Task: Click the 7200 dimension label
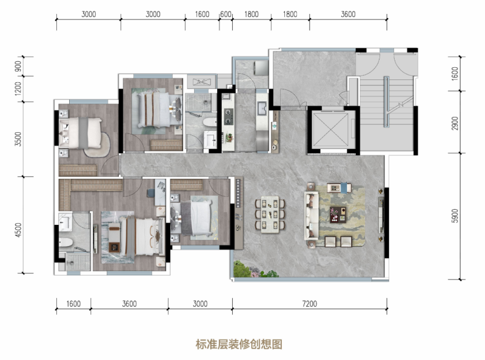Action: (309, 304)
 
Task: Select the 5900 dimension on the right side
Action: (454, 216)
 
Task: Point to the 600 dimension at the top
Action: (226, 14)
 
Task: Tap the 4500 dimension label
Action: (18, 230)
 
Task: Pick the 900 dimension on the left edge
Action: (18, 66)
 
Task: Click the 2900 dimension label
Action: (454, 123)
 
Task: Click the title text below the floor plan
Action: (239, 344)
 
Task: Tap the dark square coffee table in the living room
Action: (338, 215)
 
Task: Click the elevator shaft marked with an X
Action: (330, 130)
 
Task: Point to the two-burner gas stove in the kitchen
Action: (229, 116)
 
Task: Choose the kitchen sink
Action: (262, 108)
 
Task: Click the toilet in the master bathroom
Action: (65, 242)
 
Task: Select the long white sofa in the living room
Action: (312, 216)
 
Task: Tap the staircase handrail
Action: (387, 102)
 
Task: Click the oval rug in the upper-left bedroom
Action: (97, 144)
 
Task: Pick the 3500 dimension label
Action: (18, 139)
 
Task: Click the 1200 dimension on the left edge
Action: (18, 88)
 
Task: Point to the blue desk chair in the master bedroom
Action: (151, 193)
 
